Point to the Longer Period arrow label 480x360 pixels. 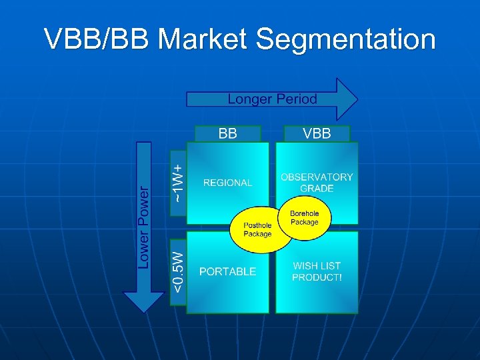pos(272,99)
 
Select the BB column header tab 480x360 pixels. pos(228,133)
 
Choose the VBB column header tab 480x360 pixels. pos(317,133)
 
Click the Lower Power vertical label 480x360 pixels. pos(144,227)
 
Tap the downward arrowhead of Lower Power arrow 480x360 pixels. pos(144,303)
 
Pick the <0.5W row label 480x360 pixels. pos(177,271)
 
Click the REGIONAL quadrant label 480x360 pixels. pos(228,183)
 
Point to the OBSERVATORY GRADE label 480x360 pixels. pos(317,183)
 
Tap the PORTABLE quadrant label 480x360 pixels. pos(228,271)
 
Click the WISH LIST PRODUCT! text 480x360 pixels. pos(317,271)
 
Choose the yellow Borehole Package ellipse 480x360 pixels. pos(304,217)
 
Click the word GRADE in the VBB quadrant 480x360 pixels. pos(317,189)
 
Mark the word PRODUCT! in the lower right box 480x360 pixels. pos(317,277)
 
